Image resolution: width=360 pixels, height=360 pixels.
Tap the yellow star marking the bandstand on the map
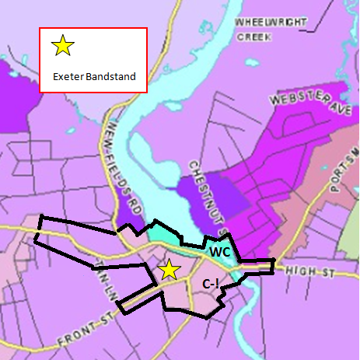[x=169, y=270]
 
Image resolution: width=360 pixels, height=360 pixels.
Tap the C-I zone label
[x=211, y=284]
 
